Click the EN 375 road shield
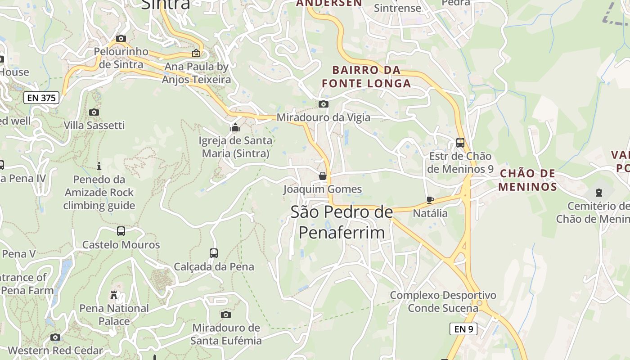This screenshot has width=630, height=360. point(41,98)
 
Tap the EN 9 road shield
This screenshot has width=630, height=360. point(463,329)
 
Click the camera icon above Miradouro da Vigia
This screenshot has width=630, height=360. point(323,104)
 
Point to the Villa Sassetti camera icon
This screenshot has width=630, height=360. point(94,112)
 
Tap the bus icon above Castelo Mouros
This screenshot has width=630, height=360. point(121,231)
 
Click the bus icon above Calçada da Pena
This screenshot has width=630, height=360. point(214,253)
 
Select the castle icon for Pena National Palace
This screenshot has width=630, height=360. point(114,295)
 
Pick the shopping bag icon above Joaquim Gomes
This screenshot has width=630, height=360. point(322,176)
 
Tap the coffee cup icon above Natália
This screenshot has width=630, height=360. point(430,199)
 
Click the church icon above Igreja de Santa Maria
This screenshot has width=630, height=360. point(235,128)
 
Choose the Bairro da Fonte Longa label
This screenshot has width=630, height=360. point(366,76)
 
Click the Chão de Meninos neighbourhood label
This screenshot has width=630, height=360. point(528,180)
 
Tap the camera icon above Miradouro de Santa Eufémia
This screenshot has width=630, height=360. point(226,315)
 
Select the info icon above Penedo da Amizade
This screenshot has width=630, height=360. point(99,166)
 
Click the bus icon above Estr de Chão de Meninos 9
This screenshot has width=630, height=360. point(460,143)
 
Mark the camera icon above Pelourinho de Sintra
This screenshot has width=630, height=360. point(121,39)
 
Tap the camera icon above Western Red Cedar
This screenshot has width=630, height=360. point(55,337)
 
